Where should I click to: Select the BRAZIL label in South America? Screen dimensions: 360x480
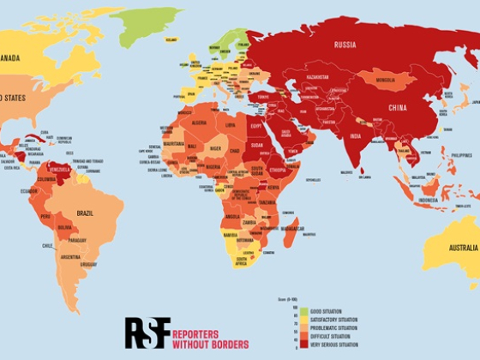[x=86, y=213]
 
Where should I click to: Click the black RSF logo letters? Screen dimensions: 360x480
[x=147, y=333]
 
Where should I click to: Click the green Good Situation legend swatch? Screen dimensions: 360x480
[x=291, y=309]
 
